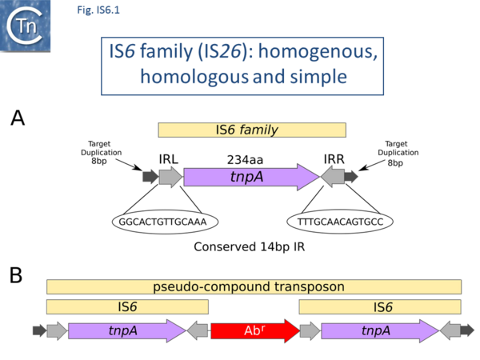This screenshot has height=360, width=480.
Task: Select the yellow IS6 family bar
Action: pyautogui.click(x=251, y=130)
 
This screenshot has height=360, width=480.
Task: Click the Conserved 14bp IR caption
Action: pyautogui.click(x=250, y=247)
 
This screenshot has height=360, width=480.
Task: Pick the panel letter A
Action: pyautogui.click(x=18, y=119)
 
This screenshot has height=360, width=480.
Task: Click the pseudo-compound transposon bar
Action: pyautogui.click(x=253, y=286)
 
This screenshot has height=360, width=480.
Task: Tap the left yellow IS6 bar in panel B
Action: pyautogui.click(x=127, y=307)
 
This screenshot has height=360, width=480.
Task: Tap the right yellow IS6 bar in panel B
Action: pyautogui.click(x=380, y=307)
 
